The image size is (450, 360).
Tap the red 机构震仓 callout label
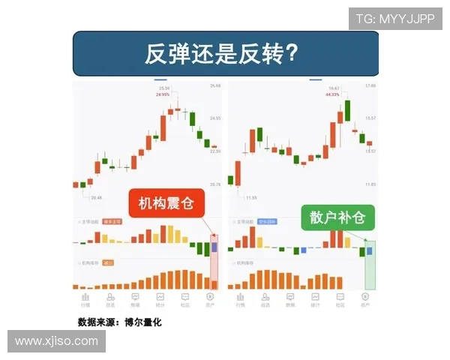166,202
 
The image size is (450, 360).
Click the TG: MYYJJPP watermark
395,19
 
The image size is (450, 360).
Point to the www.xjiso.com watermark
56,341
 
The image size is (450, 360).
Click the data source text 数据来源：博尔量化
119,322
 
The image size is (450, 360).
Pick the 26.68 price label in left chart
216,86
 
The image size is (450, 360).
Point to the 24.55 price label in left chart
216,118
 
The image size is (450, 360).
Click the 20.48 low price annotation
96,198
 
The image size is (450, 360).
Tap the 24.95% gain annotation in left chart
163,95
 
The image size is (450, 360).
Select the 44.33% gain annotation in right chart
332,94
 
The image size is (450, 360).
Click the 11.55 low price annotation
250,197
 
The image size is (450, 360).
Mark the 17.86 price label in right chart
369,86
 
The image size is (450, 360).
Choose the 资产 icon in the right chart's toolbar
365,299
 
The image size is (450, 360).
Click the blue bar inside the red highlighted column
214,246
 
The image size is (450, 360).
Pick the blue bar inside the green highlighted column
368,250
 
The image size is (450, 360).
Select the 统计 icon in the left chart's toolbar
160,299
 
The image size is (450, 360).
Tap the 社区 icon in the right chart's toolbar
340,299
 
